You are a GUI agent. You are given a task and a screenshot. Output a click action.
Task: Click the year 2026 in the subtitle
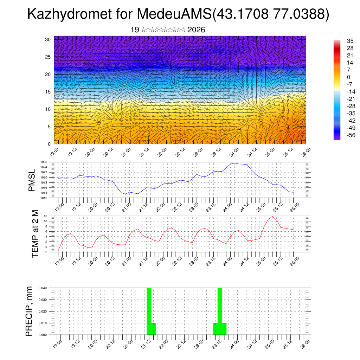coord(196,30)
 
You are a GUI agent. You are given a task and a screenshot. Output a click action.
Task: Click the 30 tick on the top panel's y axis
coord(48,39)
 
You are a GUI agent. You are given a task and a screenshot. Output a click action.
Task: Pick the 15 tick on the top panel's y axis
coord(48,92)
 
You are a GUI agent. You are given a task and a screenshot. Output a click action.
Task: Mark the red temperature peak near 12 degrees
coord(272,216)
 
